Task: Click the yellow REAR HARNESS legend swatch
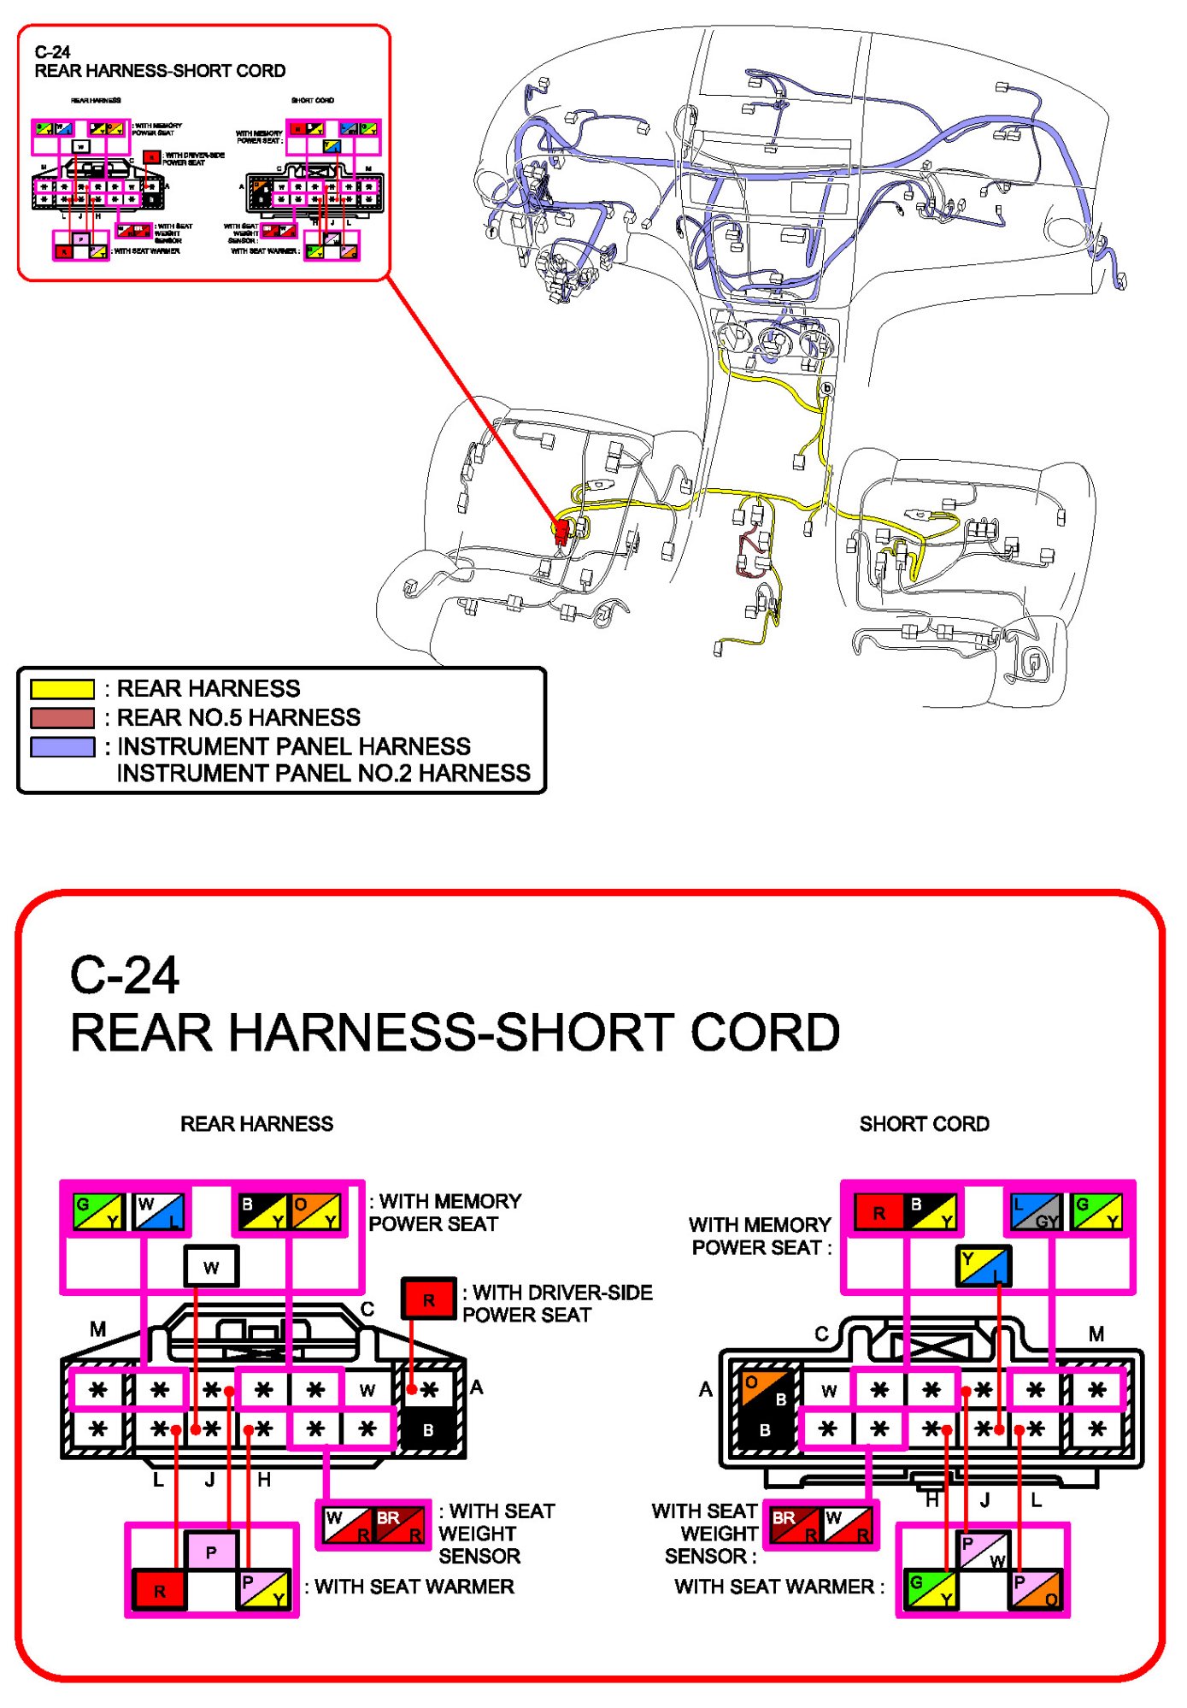[x=62, y=689]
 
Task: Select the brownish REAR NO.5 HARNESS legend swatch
[x=62, y=717]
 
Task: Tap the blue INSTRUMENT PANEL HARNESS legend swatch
[x=62, y=746]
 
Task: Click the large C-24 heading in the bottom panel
[x=125, y=975]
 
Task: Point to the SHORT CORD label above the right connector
[x=924, y=1123]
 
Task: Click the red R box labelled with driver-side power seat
[x=428, y=1299]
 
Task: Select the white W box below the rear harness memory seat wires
[x=211, y=1266]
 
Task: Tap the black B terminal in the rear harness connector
[x=428, y=1429]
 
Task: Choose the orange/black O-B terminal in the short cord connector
[x=765, y=1389]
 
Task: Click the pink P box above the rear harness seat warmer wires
[x=211, y=1552]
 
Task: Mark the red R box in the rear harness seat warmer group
[x=160, y=1591]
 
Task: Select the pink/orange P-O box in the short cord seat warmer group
[x=1037, y=1590]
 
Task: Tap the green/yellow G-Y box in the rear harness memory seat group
[x=97, y=1211]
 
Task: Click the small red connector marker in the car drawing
[x=561, y=531]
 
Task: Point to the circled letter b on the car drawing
[x=826, y=388]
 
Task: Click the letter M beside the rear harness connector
[x=97, y=1329]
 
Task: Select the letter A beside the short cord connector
[x=705, y=1389]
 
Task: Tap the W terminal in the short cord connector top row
[x=828, y=1391]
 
